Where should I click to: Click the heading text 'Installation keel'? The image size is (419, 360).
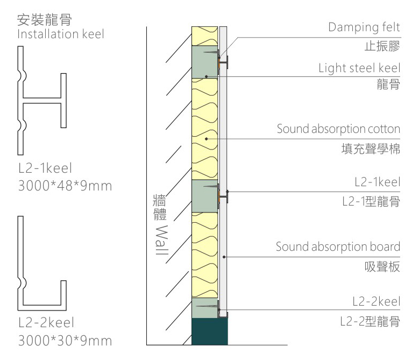tap(61, 34)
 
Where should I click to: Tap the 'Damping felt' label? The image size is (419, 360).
tap(364, 27)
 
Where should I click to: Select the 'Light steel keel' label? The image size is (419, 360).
tap(359, 68)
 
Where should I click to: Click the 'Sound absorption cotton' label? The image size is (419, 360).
tap(338, 129)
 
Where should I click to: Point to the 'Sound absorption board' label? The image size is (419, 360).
tap(338, 246)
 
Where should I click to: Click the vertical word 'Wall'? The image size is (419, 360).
tap(162, 240)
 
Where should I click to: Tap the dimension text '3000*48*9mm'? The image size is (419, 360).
tap(65, 186)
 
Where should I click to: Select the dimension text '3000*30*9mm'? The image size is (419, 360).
tap(65, 341)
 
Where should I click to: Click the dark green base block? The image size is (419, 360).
tap(210, 331)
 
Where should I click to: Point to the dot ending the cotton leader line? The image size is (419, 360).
tap(207, 139)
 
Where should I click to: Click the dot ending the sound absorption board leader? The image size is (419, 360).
tap(224, 257)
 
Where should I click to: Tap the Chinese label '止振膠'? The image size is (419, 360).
tap(382, 46)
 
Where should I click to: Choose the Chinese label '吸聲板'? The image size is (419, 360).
tap(382, 267)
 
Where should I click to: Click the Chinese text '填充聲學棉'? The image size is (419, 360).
tap(371, 149)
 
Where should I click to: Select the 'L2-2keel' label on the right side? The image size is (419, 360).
tap(377, 301)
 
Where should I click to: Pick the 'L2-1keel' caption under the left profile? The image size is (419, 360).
tap(45, 168)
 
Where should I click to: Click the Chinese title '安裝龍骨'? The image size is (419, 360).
tap(44, 20)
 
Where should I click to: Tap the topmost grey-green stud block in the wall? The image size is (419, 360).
tap(205, 62)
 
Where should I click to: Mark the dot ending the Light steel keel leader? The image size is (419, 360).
tap(207, 77)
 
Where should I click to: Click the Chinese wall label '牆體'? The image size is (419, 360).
tap(160, 208)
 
